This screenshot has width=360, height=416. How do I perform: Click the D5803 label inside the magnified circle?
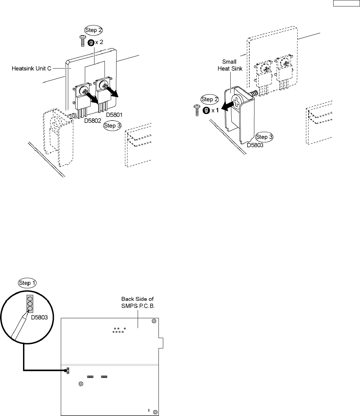[44, 318]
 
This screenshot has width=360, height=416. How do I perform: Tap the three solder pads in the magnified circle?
[30, 304]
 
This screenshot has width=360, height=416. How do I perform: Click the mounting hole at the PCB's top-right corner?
[154, 321]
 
